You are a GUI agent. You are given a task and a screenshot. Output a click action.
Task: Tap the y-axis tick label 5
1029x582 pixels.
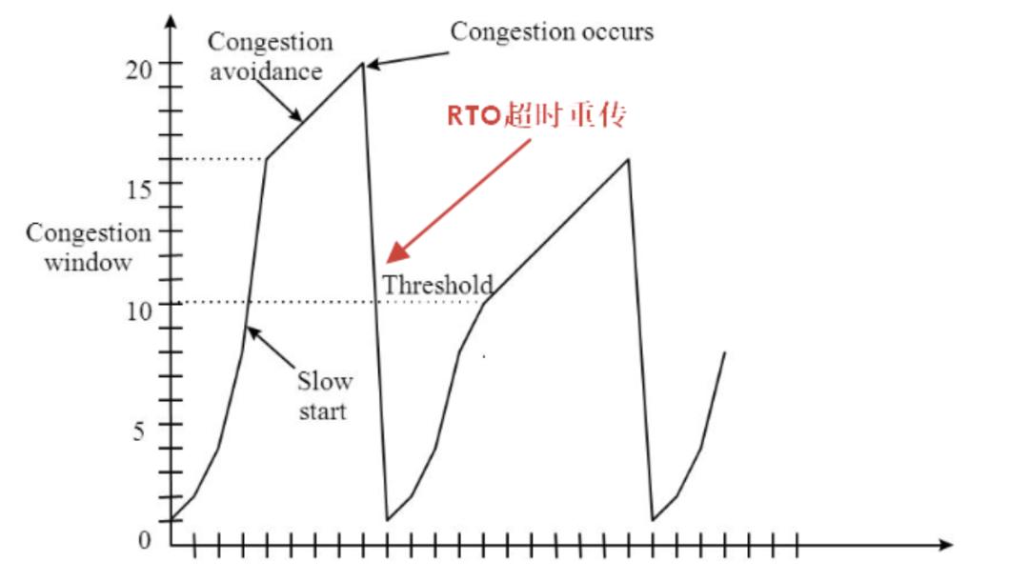coord(139,431)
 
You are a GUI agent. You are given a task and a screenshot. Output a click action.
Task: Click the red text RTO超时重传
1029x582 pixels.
coord(537,115)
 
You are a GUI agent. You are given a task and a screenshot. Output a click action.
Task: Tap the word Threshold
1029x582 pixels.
coord(438,284)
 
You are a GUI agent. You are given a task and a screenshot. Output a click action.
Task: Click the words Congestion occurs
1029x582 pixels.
coord(552,31)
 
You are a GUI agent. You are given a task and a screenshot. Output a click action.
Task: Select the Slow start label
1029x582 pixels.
coord(325,396)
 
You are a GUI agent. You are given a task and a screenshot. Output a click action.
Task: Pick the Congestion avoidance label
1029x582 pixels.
coord(271,56)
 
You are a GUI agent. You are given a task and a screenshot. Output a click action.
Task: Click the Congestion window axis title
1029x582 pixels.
coord(88,248)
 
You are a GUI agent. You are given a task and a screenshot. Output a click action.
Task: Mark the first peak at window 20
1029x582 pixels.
coord(362,64)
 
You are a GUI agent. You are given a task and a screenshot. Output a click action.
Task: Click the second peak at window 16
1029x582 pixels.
coord(628,158)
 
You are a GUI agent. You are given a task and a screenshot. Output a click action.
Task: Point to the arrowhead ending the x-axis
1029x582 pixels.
coord(946,546)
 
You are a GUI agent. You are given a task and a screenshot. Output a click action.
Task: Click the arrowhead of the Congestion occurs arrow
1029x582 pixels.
coord(371,65)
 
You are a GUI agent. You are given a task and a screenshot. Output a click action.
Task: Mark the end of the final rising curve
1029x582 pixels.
coord(725,352)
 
